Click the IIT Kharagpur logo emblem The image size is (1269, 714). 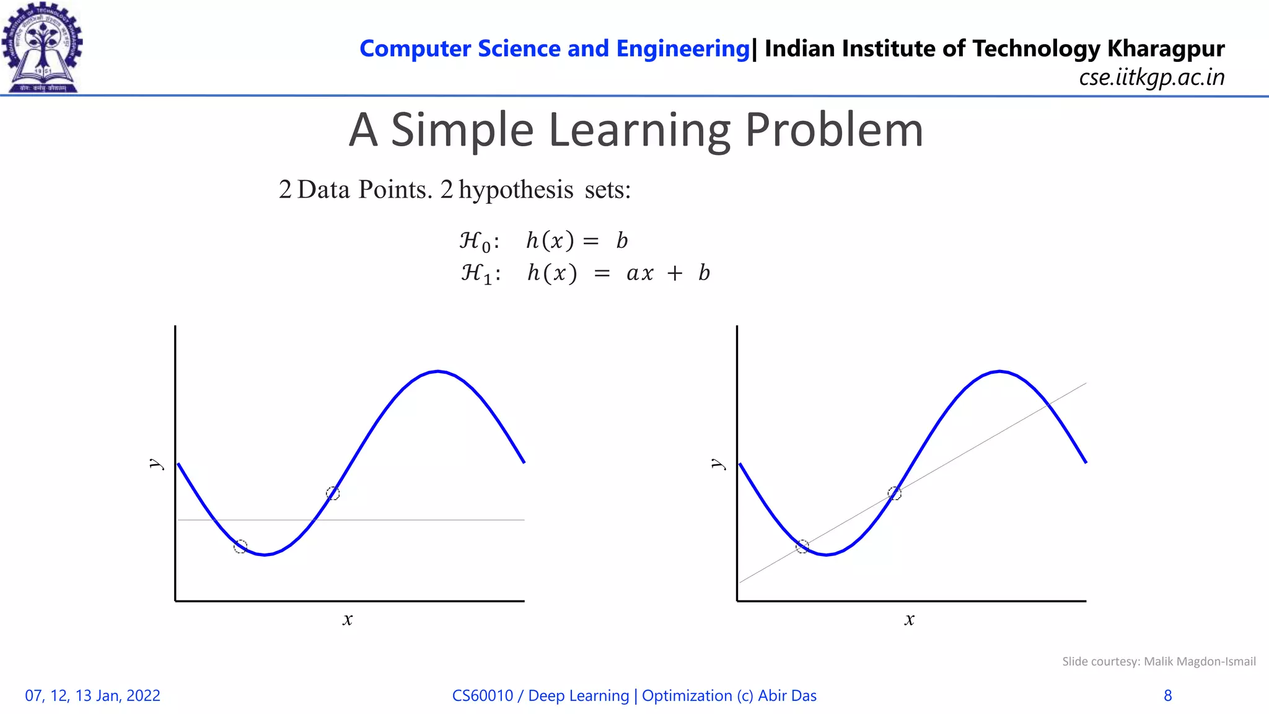coord(42,47)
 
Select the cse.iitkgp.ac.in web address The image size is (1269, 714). coord(1151,77)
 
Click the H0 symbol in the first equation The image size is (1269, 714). coord(475,241)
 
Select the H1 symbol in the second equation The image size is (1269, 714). coord(476,273)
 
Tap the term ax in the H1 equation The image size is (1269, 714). coord(639,273)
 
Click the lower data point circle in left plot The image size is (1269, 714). coord(240,546)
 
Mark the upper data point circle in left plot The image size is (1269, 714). coord(333,493)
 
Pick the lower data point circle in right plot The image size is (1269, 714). coord(802,546)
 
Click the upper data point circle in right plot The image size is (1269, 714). coord(894,493)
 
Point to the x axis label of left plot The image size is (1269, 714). coord(348,619)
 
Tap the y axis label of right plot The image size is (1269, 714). coord(718,464)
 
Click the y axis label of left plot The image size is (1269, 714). coord(156,464)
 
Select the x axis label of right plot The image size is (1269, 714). coord(909,619)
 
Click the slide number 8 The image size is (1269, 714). coord(1167,696)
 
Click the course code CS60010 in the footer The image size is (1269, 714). coord(483,696)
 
